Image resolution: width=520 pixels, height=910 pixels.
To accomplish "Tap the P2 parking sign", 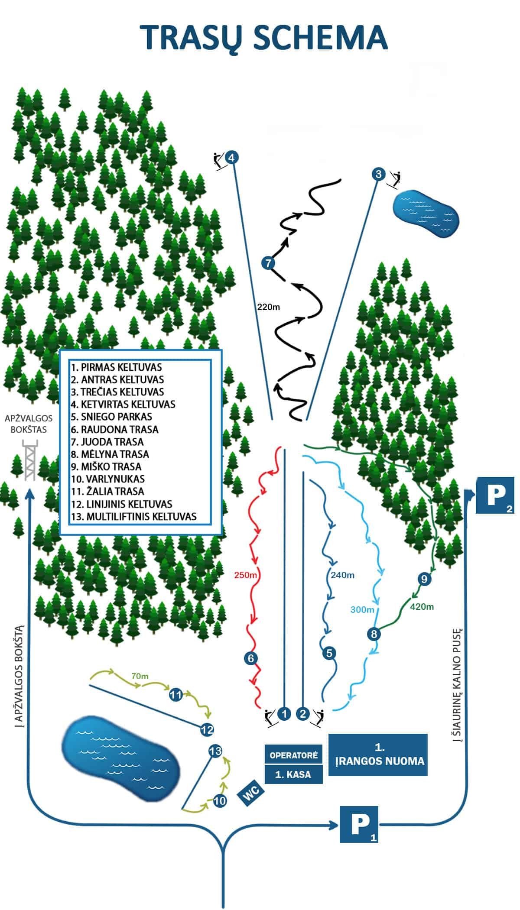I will click(x=495, y=495).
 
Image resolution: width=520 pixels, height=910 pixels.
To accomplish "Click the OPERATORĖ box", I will click(x=293, y=755).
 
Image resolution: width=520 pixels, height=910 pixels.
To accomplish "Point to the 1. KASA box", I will click(x=293, y=774).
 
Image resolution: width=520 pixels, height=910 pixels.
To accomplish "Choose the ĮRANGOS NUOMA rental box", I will click(x=378, y=755).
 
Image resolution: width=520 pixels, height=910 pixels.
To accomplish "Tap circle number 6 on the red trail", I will click(x=250, y=658).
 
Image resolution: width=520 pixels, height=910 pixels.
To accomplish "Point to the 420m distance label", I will click(x=422, y=607).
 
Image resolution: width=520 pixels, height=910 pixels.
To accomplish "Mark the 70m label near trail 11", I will click(x=140, y=676).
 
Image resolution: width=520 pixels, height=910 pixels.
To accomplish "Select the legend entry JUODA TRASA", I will click(x=112, y=442).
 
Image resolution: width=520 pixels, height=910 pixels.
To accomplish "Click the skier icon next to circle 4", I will click(x=220, y=161).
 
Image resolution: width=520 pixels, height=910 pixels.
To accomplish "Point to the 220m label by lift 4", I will click(x=269, y=307).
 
